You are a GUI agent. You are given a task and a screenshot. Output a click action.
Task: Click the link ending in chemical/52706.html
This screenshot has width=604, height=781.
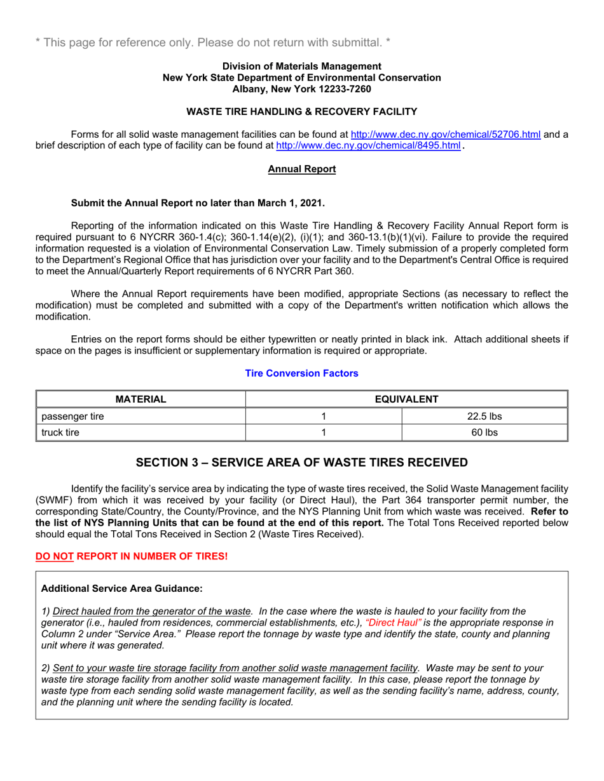[x=446, y=134]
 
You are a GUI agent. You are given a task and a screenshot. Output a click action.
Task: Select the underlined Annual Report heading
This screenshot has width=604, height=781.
[x=301, y=169]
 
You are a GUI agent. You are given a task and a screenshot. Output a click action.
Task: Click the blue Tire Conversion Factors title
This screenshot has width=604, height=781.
[x=301, y=373]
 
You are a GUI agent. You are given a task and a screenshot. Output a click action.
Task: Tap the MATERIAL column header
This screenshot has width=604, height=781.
[x=141, y=399]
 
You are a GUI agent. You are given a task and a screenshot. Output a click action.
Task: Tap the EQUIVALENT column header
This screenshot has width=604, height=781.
[x=406, y=399]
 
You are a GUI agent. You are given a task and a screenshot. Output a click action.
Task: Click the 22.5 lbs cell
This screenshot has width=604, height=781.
[x=484, y=417]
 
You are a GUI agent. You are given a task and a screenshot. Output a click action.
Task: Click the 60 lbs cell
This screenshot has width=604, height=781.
[x=484, y=432]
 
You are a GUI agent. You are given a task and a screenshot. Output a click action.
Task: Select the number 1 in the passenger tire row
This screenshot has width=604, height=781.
[x=324, y=417]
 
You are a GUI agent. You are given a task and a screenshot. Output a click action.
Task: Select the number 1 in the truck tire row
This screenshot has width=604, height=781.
[x=324, y=432]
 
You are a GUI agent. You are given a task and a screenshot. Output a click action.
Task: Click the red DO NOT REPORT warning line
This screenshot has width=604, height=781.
[x=131, y=556]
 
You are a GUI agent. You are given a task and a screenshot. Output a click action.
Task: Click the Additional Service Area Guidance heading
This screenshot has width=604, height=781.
[x=121, y=589]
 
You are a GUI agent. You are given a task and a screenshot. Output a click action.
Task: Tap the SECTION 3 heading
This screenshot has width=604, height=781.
[x=301, y=462]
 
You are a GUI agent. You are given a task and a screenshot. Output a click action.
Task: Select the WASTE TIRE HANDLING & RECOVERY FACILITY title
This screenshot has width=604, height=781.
[x=301, y=112]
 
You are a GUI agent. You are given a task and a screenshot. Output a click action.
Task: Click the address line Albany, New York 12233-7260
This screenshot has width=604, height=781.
[x=301, y=89]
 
